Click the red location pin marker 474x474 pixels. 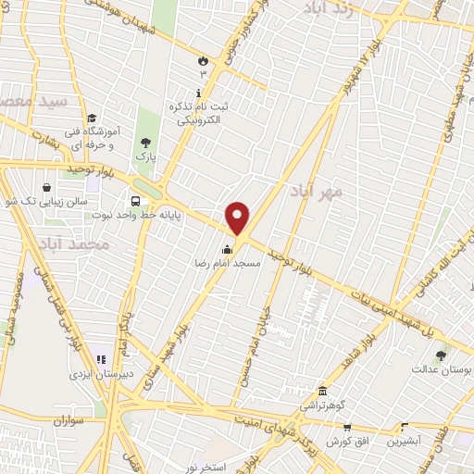point(239,218)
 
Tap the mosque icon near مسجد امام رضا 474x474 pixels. point(228,248)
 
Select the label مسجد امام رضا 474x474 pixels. point(228,263)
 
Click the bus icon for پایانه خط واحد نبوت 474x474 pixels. point(137,201)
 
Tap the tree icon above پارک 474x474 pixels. point(143,143)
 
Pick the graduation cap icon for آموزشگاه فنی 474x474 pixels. point(92,118)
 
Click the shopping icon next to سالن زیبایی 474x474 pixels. point(46,187)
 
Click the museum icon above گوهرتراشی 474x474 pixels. point(322,391)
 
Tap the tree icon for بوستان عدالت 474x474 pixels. point(441,355)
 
